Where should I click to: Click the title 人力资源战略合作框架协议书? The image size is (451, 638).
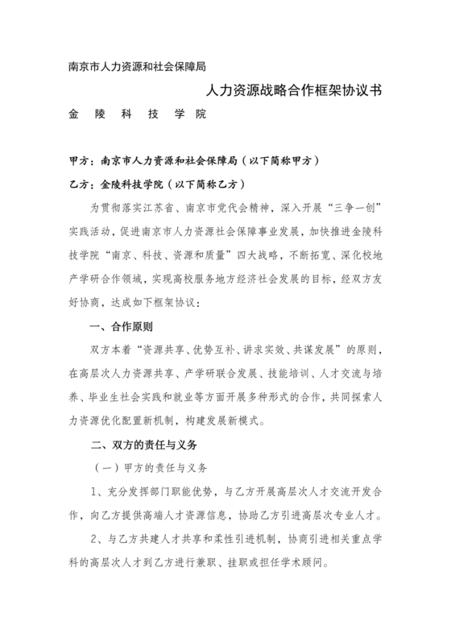point(294,92)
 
